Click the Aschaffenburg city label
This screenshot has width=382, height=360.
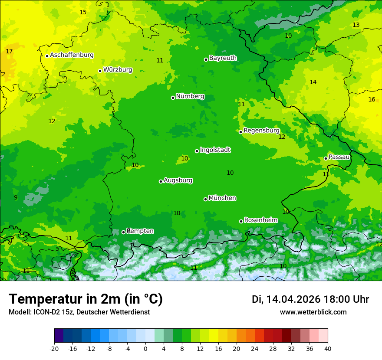point(72,55)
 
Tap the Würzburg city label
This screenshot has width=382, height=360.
point(118,70)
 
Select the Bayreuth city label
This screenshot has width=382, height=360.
point(223,58)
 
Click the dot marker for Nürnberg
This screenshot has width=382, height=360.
point(173,98)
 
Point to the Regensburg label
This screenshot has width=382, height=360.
point(261,131)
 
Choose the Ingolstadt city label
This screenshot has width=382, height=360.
point(215,150)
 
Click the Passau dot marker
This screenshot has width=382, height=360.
point(326,158)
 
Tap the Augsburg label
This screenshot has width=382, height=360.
point(178,180)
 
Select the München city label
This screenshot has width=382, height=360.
point(222,198)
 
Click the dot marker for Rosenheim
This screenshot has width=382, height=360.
point(241,221)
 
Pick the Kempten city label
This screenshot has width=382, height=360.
point(140,231)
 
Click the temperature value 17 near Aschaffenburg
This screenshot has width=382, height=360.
point(9,51)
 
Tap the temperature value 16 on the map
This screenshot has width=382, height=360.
point(372,99)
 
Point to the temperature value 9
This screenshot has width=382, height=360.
point(16,197)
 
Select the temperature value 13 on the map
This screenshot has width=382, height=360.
point(356,25)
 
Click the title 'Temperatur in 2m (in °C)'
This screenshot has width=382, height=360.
point(86,299)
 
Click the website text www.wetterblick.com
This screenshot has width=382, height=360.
point(313,312)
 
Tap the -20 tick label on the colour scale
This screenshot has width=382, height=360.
point(54,348)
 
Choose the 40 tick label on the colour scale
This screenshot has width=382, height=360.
point(328,348)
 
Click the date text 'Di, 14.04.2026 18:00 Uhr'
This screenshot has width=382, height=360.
point(310,299)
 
